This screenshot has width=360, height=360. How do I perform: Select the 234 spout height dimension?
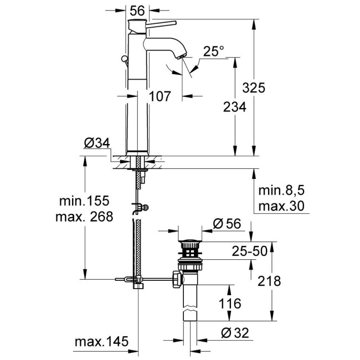(234, 108)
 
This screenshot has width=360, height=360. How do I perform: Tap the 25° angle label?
(214, 52)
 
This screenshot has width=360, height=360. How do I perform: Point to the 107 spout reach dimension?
(160, 96)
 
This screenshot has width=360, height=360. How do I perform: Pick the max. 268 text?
(84, 217)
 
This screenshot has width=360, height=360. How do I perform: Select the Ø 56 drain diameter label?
(227, 224)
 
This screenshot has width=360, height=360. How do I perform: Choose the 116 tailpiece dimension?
(230, 303)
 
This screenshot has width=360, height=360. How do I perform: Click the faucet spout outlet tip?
(181, 56)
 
